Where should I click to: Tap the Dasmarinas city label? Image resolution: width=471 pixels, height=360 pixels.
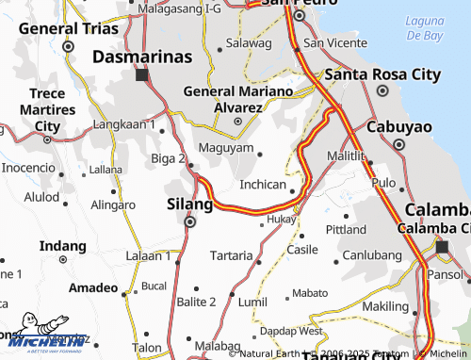[142, 57]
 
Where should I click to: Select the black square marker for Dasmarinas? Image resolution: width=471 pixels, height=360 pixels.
[141, 74]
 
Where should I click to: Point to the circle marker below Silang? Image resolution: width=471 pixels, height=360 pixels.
[189, 222]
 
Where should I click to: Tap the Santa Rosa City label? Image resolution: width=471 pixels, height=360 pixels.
[382, 74]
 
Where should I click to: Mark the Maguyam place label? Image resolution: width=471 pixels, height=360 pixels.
[226, 148]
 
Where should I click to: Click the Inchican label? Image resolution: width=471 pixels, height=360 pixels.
[263, 185]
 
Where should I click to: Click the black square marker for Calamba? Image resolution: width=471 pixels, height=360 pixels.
[441, 247]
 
